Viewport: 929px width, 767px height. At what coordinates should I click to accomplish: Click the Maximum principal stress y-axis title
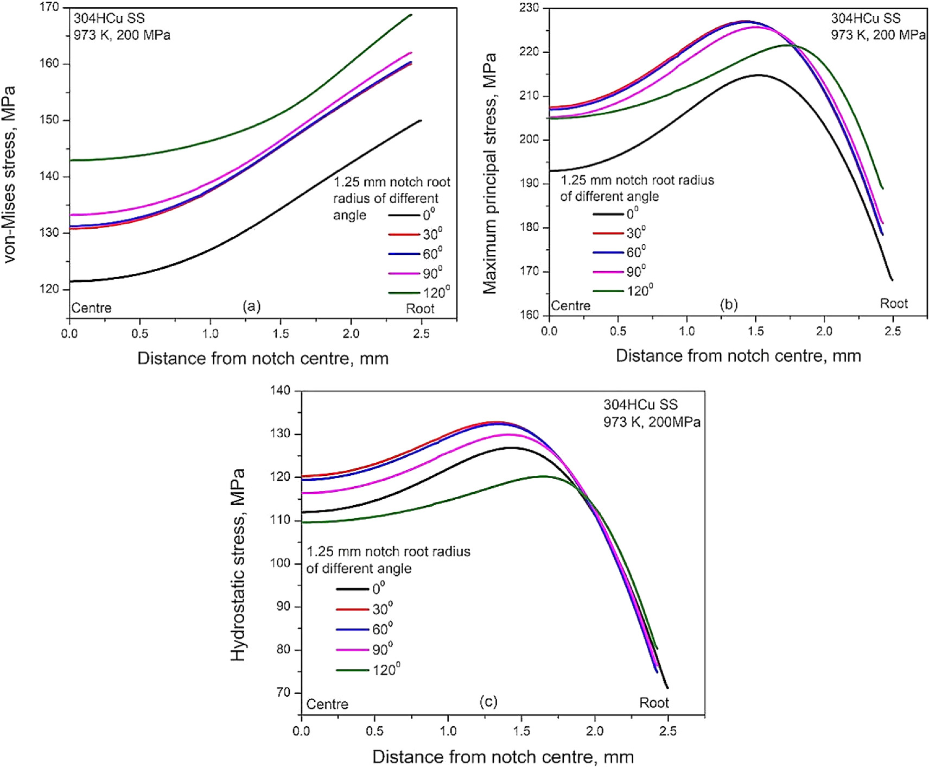tap(489, 174)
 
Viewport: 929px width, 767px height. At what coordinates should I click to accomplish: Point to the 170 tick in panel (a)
tap(49, 8)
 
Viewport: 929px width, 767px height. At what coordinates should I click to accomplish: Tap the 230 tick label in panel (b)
tap(529, 8)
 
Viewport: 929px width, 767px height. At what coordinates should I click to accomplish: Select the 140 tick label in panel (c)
tap(280, 391)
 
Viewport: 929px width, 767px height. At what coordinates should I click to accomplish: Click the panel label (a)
tap(251, 306)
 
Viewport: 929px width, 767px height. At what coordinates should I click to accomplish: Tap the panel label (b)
tap(728, 304)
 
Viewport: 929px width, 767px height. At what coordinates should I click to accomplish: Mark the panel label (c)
tap(488, 701)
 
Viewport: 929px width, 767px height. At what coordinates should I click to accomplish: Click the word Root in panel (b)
tap(893, 303)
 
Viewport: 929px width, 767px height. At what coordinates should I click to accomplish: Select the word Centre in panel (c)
tap(327, 704)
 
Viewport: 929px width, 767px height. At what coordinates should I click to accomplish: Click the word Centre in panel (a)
tap(91, 308)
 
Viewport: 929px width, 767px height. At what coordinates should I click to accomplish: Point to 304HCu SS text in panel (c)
tap(640, 405)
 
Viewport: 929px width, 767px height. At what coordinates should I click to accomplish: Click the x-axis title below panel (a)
tap(263, 359)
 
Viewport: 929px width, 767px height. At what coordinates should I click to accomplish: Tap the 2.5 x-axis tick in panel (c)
tap(667, 731)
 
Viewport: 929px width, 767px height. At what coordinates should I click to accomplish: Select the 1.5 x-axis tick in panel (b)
tap(755, 331)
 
